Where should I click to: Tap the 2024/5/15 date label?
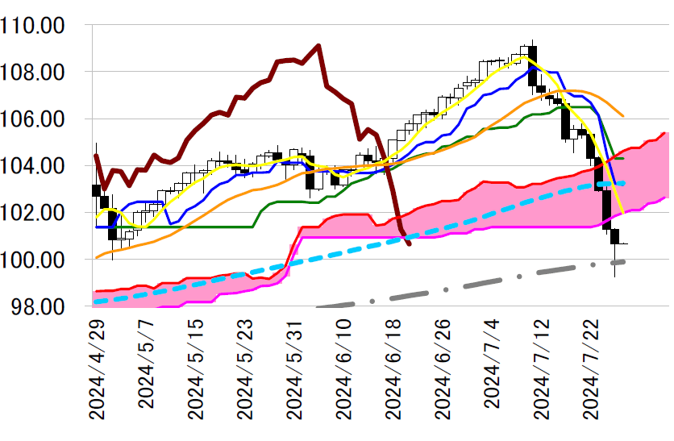[196, 367]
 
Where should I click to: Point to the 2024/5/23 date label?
[245, 367]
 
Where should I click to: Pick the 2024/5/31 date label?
[294, 367]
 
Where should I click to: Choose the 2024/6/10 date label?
[343, 367]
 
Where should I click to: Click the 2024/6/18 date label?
[393, 367]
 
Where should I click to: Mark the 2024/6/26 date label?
[442, 367]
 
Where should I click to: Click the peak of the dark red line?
[318, 45]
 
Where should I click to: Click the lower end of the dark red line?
[410, 243]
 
